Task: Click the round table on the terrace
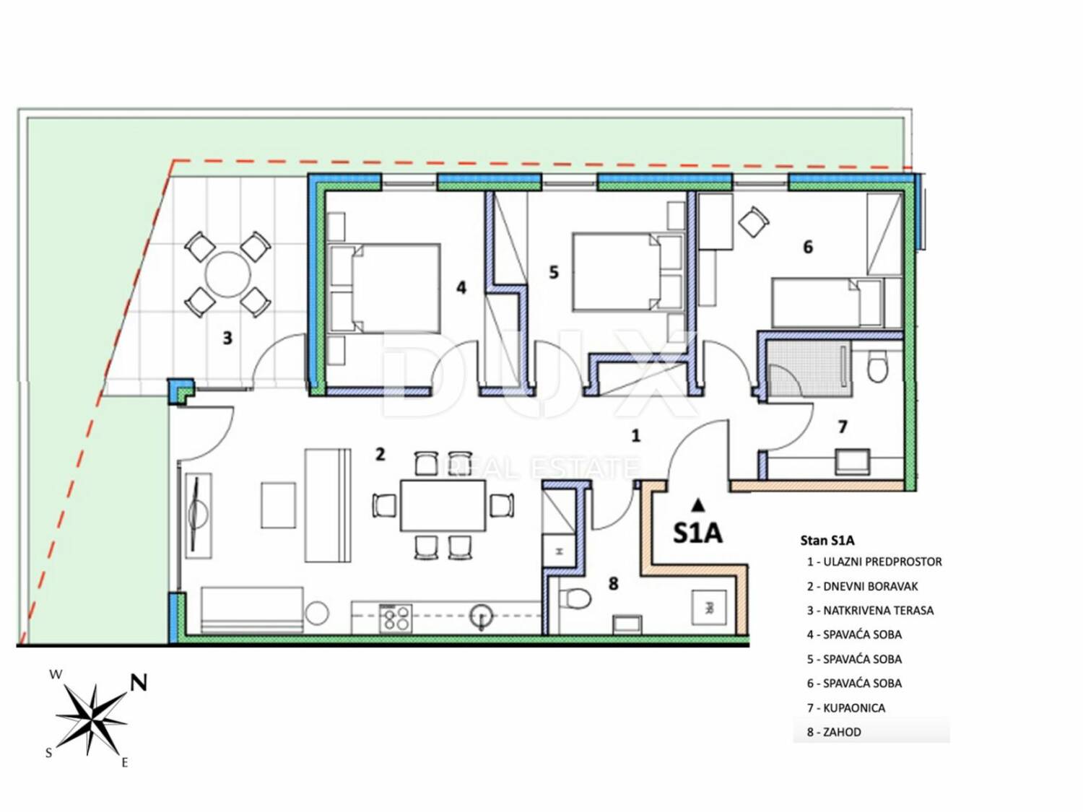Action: pyautogui.click(x=227, y=274)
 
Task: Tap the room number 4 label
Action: pyautogui.click(x=461, y=287)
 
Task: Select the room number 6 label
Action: pyautogui.click(x=808, y=247)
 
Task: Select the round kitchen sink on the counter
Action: pyautogui.click(x=481, y=615)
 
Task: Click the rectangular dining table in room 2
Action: pyautogui.click(x=443, y=505)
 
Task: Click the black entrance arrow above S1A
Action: pyautogui.click(x=697, y=505)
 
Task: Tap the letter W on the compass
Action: pyautogui.click(x=56, y=674)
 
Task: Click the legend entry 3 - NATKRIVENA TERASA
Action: pyautogui.click(x=870, y=611)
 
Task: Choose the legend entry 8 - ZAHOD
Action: pyautogui.click(x=834, y=732)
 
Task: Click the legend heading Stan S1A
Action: pyautogui.click(x=827, y=541)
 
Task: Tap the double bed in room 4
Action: pyautogui.click(x=384, y=288)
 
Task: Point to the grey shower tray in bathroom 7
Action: pyautogui.click(x=809, y=368)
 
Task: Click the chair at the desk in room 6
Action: pyautogui.click(x=754, y=222)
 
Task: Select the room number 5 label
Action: pyautogui.click(x=554, y=272)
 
